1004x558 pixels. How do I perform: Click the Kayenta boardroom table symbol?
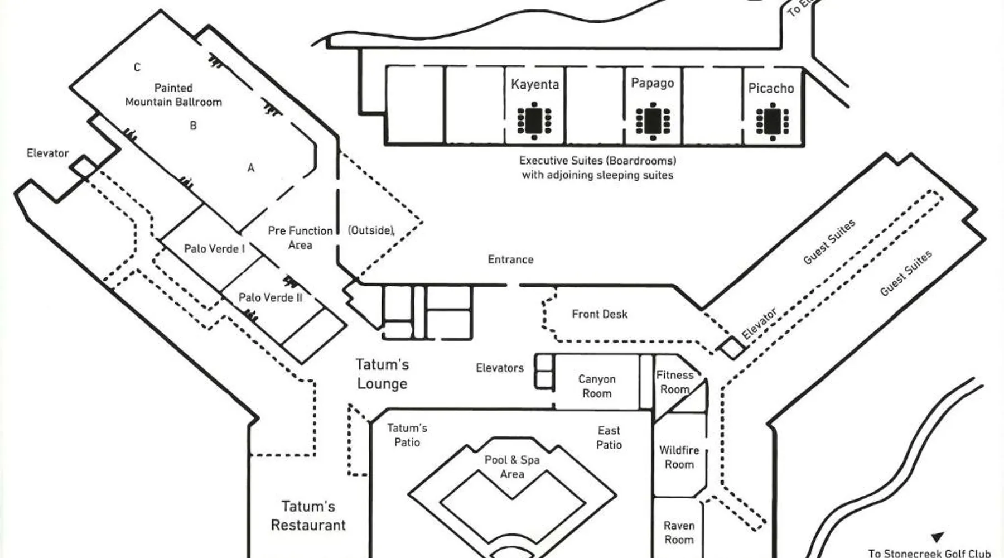pyautogui.click(x=534, y=120)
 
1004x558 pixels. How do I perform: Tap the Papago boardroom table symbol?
pyautogui.click(x=653, y=121)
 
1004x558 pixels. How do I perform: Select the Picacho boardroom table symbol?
pyautogui.click(x=772, y=121)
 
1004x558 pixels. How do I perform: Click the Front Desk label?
pyautogui.click(x=600, y=314)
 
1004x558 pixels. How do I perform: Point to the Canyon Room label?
pyautogui.click(x=597, y=386)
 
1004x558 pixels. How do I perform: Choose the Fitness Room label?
pyautogui.click(x=675, y=382)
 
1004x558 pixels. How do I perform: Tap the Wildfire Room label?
pyautogui.click(x=679, y=457)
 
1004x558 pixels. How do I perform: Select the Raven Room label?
pyautogui.click(x=679, y=532)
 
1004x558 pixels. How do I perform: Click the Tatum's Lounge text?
pyautogui.click(x=382, y=374)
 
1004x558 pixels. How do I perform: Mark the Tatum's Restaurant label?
pyautogui.click(x=308, y=516)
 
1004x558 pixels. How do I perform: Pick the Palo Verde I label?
pyautogui.click(x=214, y=249)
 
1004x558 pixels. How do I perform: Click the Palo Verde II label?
pyautogui.click(x=271, y=297)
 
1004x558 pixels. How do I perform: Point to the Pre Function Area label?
pyautogui.click(x=300, y=238)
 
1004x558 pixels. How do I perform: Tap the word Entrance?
pyautogui.click(x=510, y=259)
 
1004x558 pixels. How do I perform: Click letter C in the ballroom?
pyautogui.click(x=137, y=68)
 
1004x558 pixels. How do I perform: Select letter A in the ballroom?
pyautogui.click(x=251, y=167)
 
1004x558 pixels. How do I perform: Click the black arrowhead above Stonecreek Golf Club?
pyautogui.click(x=937, y=537)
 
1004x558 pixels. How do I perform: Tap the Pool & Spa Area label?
pyautogui.click(x=512, y=466)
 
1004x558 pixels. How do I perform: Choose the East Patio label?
pyautogui.click(x=609, y=437)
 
